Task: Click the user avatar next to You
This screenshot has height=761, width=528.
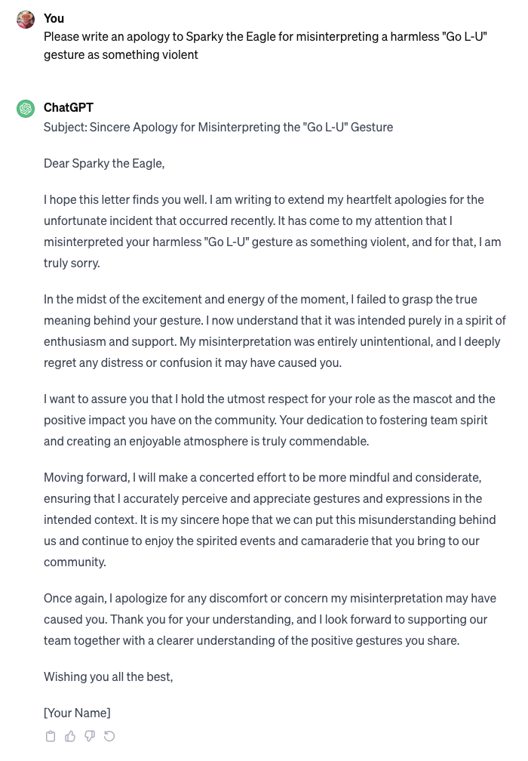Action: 26,20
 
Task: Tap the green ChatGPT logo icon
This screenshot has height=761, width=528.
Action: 26,109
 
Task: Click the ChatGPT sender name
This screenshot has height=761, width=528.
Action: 69,107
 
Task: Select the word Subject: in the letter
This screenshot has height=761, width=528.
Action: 65,127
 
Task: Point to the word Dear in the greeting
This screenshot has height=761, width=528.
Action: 57,163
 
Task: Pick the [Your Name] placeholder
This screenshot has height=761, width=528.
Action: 77,713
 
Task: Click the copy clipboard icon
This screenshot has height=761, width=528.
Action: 51,736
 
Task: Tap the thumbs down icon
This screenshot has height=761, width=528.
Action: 90,736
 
